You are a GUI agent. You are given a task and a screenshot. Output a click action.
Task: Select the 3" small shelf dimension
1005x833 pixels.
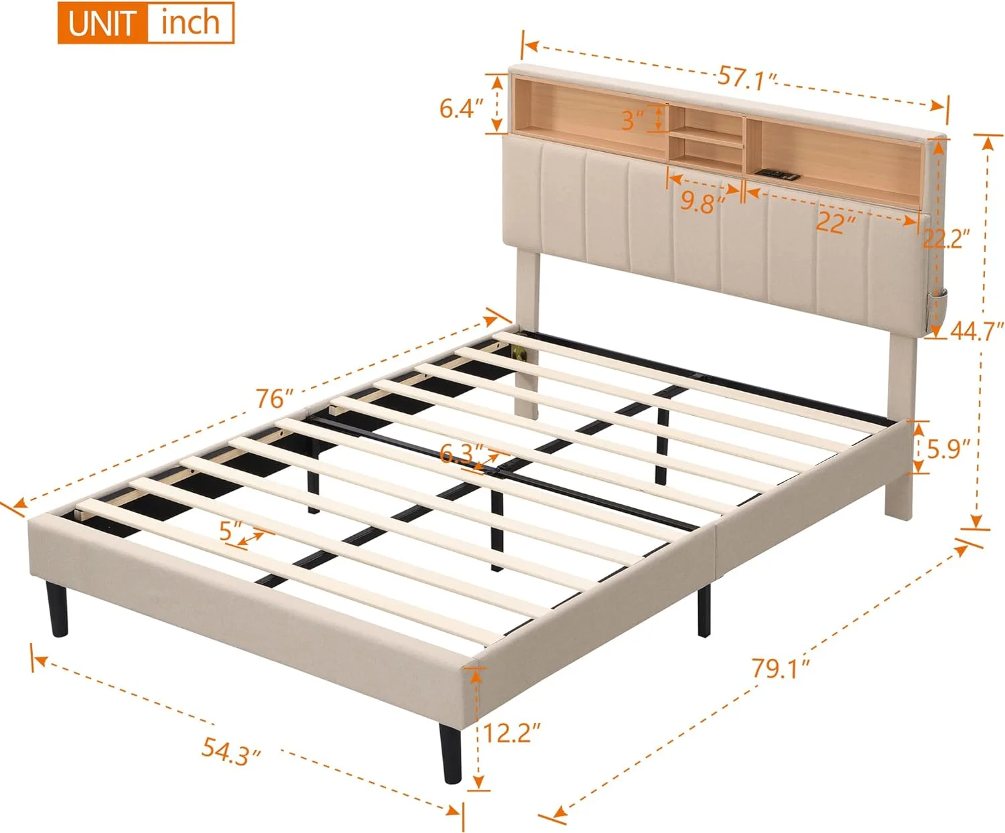click(x=632, y=121)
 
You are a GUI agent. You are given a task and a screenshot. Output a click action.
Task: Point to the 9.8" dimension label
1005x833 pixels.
click(x=702, y=201)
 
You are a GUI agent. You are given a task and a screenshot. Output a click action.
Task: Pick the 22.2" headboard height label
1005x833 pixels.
click(x=946, y=238)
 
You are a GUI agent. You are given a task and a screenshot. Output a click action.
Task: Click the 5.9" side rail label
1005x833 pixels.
click(x=948, y=449)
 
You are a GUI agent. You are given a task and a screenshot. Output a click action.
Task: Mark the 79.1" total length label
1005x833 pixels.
click(x=780, y=668)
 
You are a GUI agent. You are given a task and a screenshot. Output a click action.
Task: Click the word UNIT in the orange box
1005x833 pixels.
click(x=101, y=23)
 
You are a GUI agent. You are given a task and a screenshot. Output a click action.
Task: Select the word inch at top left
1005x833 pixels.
click(x=190, y=23)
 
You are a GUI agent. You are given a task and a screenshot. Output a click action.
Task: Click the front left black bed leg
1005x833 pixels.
click(x=58, y=609)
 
